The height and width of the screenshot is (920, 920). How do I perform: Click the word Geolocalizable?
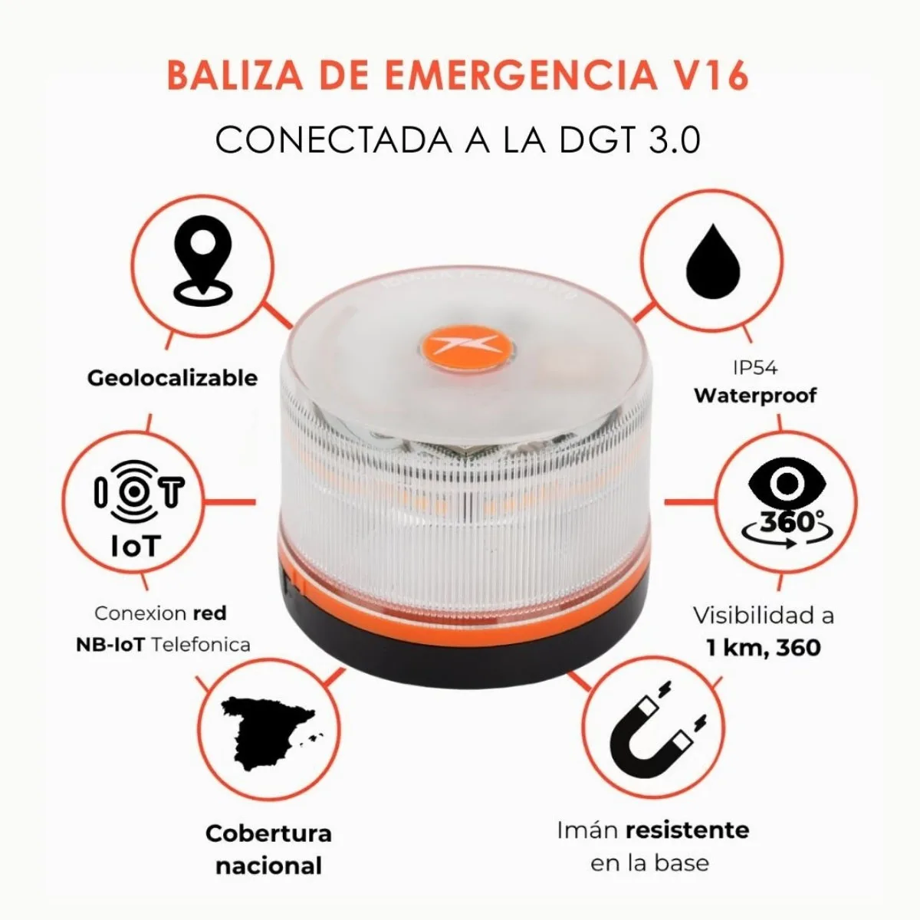point(172,378)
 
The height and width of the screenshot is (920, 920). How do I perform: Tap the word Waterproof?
point(755,396)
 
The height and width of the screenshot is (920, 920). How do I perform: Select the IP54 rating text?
point(754,369)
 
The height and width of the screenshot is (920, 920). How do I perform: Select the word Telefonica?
point(200,644)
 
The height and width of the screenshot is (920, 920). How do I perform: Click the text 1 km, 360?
point(763,648)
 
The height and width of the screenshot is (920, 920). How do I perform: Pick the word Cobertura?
point(268,834)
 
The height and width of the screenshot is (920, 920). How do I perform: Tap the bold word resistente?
point(687,830)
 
